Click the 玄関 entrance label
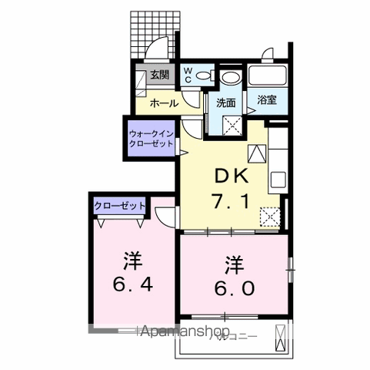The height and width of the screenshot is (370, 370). [x=159, y=75]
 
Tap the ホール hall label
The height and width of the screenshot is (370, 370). [x=163, y=103]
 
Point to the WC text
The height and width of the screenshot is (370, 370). [x=188, y=74]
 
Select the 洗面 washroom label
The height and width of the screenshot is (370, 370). [x=225, y=103]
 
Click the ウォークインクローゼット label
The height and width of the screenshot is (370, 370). [x=151, y=139]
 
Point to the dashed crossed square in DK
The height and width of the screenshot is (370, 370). [x=269, y=217]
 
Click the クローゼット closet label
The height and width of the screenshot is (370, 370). [x=119, y=206]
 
